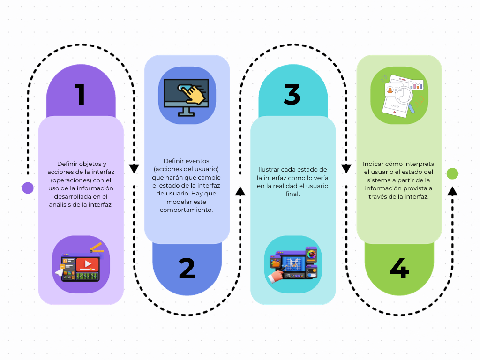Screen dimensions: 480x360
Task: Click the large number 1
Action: (x=81, y=94)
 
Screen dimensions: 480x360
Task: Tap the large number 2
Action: (x=187, y=268)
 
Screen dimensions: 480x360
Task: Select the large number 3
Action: (x=292, y=94)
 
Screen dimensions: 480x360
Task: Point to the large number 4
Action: (x=399, y=268)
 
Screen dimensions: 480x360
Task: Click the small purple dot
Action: (x=28, y=188)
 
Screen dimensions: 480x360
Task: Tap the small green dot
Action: (x=452, y=173)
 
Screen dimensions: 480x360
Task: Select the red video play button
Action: (x=88, y=264)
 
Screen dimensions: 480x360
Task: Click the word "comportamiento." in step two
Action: (x=186, y=210)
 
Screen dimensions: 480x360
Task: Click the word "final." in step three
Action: (x=292, y=194)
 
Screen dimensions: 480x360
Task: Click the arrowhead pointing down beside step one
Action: (x=134, y=169)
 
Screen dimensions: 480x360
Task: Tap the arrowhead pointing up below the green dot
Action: (x=452, y=191)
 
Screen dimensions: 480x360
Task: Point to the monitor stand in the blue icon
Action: (x=186, y=112)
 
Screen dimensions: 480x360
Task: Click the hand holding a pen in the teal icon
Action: (x=277, y=274)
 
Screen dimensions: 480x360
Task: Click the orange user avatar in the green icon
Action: (x=390, y=90)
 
